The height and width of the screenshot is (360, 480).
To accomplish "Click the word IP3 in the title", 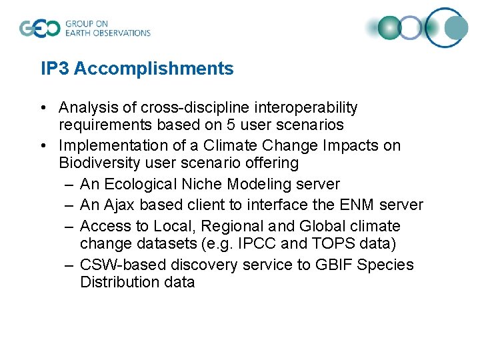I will pos(55,69).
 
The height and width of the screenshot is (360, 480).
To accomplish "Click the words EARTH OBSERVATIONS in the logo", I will pos(107,33).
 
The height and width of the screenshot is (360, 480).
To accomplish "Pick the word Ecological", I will pos(139,184).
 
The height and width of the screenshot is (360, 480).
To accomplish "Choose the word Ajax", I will pos(117,205).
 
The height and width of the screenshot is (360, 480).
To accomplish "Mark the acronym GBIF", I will pos(333,265).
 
